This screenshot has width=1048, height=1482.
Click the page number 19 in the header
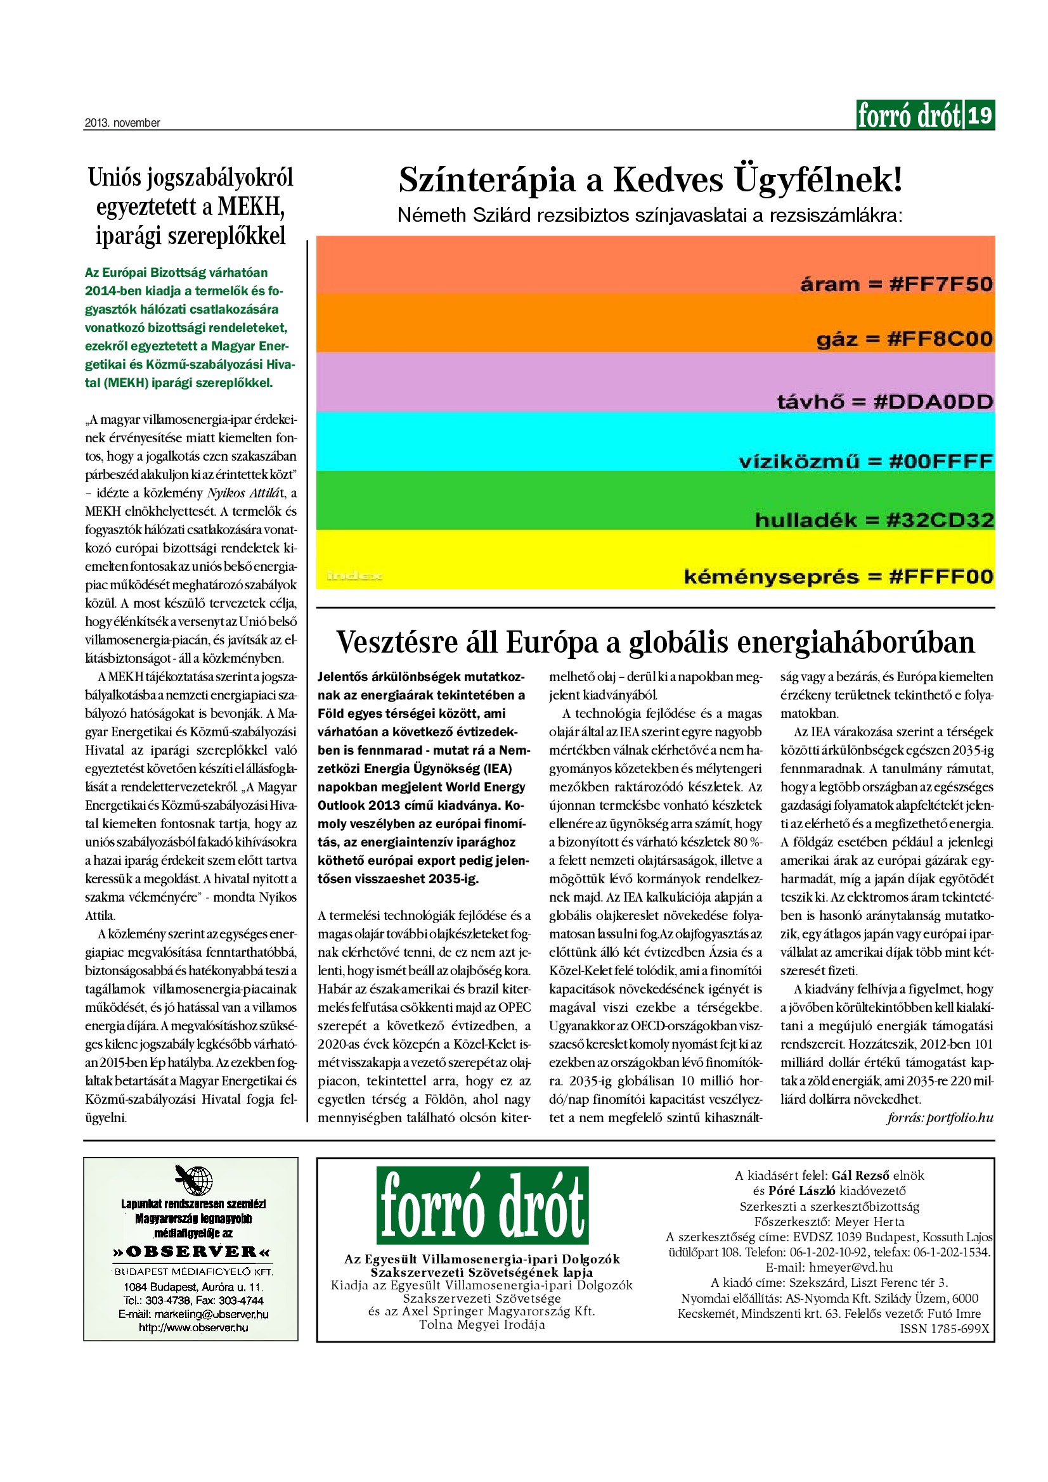(x=980, y=115)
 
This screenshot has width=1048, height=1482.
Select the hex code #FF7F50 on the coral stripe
(x=940, y=284)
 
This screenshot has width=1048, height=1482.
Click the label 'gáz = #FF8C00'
(x=904, y=340)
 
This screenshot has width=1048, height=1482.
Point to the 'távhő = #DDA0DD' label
(x=884, y=402)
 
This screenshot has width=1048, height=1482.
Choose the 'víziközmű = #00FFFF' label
(x=865, y=461)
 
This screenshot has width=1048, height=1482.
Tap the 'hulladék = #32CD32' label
(x=874, y=520)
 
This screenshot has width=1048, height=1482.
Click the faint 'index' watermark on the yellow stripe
(x=354, y=575)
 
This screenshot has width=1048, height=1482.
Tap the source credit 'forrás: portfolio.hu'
(x=940, y=1117)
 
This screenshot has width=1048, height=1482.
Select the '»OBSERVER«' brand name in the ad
(x=191, y=1251)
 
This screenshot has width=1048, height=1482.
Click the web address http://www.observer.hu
(x=193, y=1327)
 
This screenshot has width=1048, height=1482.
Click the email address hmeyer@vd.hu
(x=850, y=1267)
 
